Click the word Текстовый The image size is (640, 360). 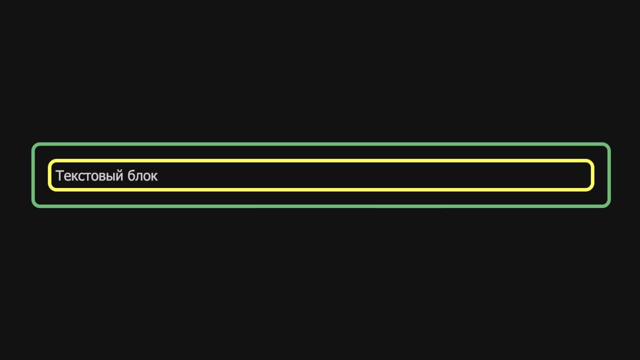click(x=89, y=175)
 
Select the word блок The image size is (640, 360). click(x=142, y=175)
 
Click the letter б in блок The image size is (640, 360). click(x=131, y=175)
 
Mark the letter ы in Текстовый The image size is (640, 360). click(x=110, y=176)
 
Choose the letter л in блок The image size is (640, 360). click(x=138, y=176)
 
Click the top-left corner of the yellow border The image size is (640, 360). click(x=48, y=159)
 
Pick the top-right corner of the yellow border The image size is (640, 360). click(x=594, y=159)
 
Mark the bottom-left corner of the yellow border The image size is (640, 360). click(x=48, y=191)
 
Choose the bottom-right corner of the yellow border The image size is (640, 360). click(x=594, y=191)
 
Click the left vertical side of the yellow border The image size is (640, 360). click(x=49, y=175)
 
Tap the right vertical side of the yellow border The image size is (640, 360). click(x=592, y=175)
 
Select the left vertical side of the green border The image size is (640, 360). click(x=33, y=175)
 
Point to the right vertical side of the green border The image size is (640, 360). click(x=609, y=175)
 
